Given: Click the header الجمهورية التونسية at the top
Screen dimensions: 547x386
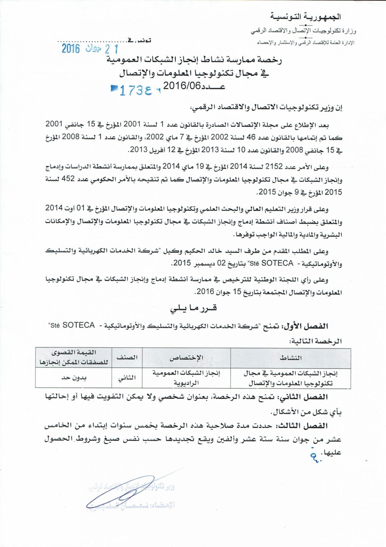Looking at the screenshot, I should (x=305, y=17).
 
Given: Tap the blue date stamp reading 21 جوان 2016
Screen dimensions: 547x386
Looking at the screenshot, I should (x=89, y=48).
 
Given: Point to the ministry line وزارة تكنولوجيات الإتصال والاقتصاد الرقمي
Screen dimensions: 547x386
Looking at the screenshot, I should (x=303, y=31).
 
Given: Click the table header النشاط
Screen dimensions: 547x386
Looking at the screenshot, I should (x=290, y=358).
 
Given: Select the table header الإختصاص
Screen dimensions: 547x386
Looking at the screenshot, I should (x=186, y=358).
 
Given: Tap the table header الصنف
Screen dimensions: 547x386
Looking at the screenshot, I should (x=127, y=358).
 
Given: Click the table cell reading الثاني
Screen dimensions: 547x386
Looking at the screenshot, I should (x=127, y=378).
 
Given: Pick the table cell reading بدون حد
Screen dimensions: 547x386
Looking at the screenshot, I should (x=74, y=377).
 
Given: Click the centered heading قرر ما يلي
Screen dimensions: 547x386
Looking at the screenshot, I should (x=194, y=308).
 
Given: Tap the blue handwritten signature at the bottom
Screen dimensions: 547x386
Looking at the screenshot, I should (x=121, y=491).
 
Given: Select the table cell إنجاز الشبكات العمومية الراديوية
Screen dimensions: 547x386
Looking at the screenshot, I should (x=186, y=378).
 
